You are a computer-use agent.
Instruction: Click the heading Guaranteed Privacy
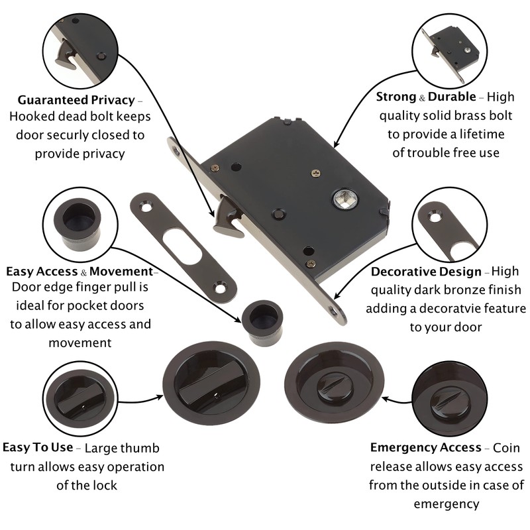[76, 100]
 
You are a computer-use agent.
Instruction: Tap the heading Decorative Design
[426, 272]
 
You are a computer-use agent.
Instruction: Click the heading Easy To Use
[38, 447]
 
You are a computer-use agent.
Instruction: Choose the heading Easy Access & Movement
[79, 272]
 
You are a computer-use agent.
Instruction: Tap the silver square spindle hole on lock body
[344, 198]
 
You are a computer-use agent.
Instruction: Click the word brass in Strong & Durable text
[461, 116]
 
